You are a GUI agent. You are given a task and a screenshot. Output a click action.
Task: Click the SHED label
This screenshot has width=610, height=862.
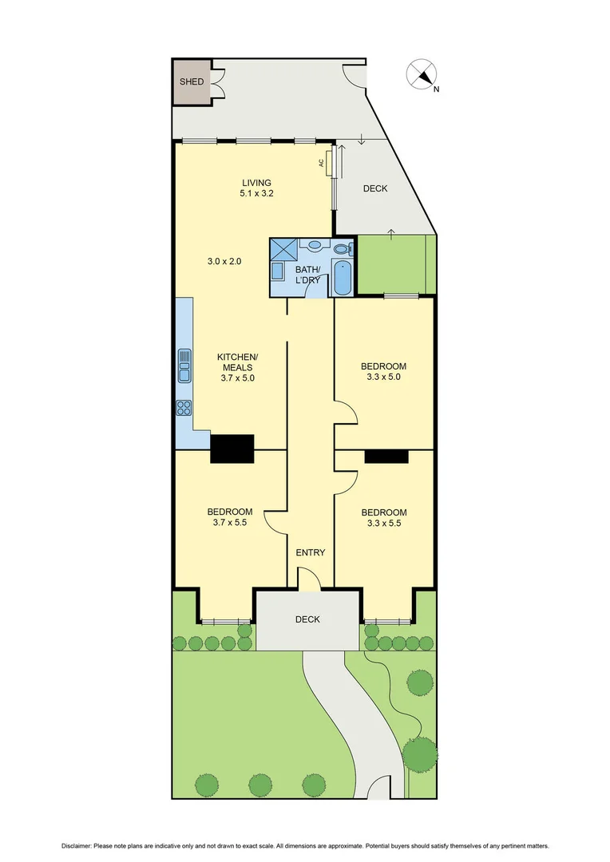191,81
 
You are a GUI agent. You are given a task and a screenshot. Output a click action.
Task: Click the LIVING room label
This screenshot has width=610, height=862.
257,183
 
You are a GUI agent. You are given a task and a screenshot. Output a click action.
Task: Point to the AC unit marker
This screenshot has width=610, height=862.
321,163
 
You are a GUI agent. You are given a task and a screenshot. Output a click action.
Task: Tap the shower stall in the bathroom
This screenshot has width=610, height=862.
282,248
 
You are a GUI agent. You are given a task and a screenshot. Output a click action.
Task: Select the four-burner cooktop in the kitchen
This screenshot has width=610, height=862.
184,408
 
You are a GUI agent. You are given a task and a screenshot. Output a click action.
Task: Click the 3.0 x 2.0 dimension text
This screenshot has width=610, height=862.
224,261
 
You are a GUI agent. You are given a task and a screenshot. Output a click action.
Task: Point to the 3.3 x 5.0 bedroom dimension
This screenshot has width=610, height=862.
383,377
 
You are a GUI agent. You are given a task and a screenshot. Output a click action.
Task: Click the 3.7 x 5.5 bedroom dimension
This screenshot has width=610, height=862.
230,523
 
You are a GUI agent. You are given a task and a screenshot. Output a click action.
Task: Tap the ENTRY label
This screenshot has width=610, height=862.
310,552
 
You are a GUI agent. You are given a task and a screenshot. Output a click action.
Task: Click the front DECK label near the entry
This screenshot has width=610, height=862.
307,619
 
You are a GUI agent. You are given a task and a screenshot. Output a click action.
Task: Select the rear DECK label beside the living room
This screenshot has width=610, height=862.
374,188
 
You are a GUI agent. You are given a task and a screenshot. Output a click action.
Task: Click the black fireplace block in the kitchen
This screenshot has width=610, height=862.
232,449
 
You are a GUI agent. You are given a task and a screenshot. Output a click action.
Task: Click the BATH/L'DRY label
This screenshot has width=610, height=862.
308,275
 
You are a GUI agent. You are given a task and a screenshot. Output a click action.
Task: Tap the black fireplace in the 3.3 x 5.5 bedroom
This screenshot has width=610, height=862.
386,456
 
